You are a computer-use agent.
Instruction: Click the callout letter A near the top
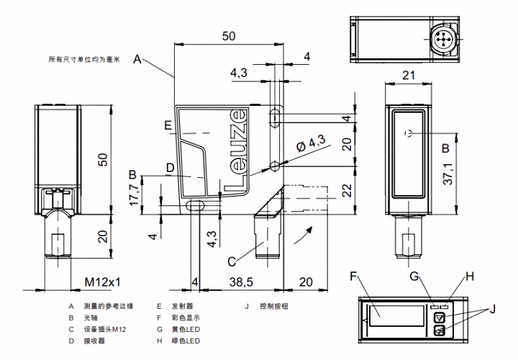[137, 60]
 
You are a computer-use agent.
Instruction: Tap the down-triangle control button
[439, 317]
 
